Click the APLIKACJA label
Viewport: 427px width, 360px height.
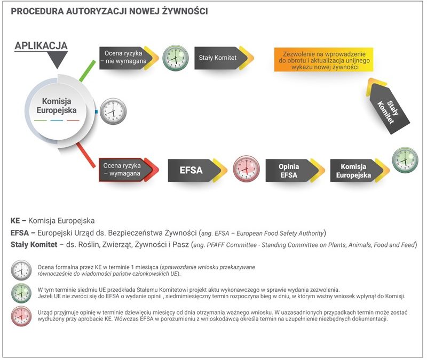[41, 45]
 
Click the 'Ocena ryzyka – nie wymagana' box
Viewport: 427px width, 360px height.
[121, 58]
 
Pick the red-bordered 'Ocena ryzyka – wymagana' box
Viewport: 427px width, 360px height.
[122, 170]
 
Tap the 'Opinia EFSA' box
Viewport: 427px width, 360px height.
[288, 171]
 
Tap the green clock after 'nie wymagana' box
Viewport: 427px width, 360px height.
[175, 58]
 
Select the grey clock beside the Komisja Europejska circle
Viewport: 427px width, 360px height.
[113, 111]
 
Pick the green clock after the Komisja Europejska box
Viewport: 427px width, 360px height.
[405, 160]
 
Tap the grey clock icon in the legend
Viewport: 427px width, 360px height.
[21, 270]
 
